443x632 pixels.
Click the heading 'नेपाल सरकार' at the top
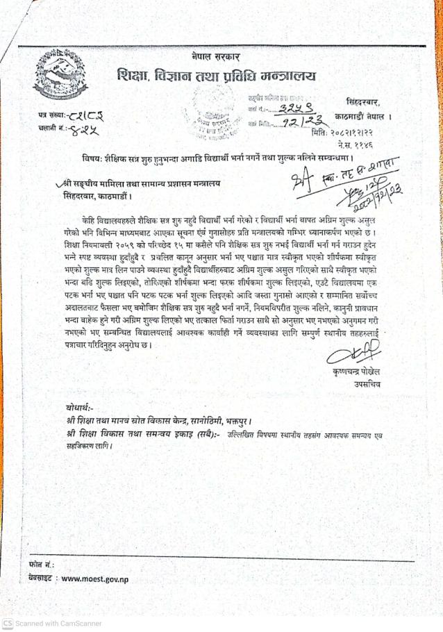[215, 56]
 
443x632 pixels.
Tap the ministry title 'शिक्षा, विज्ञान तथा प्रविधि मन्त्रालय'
[217, 76]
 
